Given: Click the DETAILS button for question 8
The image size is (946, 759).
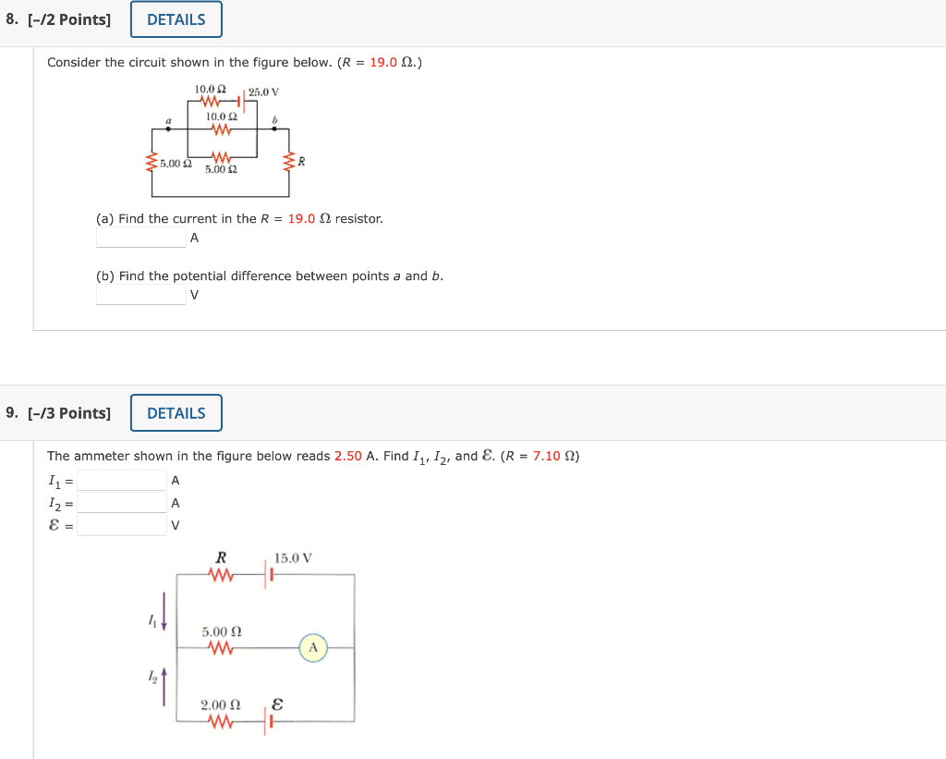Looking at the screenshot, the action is pos(176,19).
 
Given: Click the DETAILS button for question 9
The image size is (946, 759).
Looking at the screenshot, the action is pos(176,413).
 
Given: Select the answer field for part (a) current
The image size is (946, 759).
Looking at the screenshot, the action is pos(141,238).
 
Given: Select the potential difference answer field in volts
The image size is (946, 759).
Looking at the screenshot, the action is pos(141,295).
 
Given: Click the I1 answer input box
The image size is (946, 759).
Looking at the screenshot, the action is pos(122,481).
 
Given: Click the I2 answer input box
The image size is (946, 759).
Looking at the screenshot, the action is pos(122,503).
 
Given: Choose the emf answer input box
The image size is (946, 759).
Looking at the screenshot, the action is pos(122,525).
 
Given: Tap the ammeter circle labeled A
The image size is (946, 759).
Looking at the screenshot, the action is pos(313,648).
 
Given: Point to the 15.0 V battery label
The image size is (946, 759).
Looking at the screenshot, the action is pos(293,558).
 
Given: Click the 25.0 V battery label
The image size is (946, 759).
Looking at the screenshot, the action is pos(263,92).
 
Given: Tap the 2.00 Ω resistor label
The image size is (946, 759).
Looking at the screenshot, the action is pos(221,704).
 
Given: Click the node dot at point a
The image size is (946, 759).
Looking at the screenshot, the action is pos(168,129).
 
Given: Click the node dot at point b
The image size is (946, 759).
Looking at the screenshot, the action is pos(274,129).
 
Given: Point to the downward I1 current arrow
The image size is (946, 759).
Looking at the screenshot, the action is pos(164,611).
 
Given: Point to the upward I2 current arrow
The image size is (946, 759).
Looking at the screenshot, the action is pos(164,687).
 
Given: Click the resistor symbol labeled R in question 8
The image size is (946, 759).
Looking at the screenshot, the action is pos(288,161).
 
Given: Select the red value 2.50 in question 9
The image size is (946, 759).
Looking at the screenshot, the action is pos(348,456).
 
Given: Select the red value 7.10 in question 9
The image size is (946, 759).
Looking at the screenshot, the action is pos(547,456).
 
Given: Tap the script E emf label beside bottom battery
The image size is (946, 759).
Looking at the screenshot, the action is pos(277,704).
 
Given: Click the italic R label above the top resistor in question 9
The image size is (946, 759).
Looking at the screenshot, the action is pos(222,557).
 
